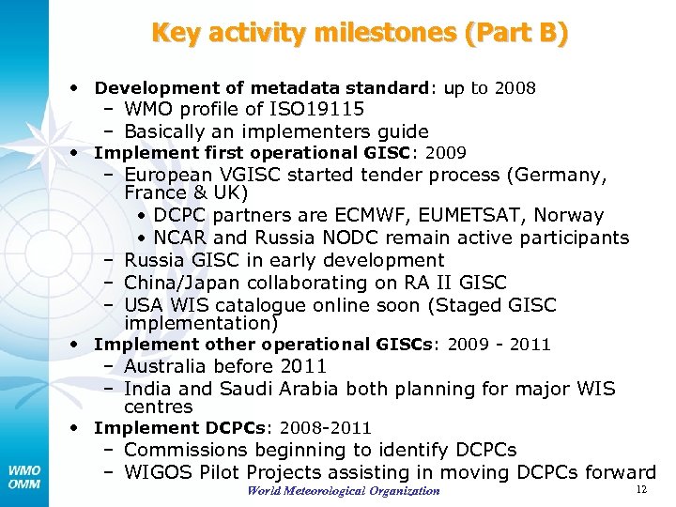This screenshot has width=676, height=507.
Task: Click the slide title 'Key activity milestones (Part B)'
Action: (x=360, y=34)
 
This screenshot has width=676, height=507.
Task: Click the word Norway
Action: (x=570, y=216)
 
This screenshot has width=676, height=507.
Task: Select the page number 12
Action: (x=642, y=490)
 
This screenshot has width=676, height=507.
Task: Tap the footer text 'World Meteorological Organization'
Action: (x=344, y=491)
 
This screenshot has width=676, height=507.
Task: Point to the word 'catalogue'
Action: (x=259, y=305)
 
